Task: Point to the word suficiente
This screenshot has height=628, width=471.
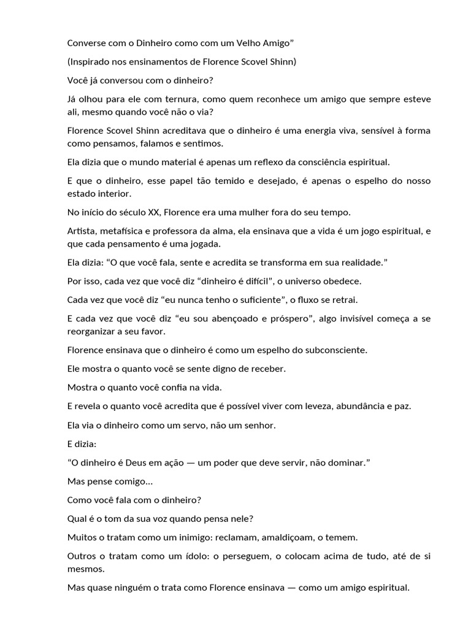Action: click(x=255, y=299)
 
